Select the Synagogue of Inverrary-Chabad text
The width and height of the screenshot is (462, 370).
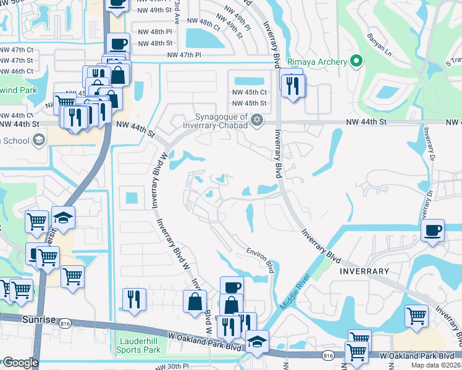(221, 121)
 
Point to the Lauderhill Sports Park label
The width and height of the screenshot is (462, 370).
(138, 344)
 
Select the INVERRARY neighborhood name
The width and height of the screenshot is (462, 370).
(364, 271)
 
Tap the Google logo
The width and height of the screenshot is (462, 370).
(20, 362)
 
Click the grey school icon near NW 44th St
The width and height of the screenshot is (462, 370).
(40, 140)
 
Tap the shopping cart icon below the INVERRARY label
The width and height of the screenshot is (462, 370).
(417, 316)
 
